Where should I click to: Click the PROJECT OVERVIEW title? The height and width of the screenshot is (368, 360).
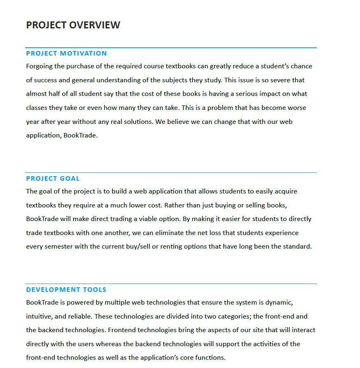click(73, 25)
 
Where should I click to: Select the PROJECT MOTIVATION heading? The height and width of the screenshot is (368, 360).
click(66, 54)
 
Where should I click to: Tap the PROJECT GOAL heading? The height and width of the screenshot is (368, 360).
click(53, 179)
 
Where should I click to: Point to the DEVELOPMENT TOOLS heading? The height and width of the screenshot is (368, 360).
click(66, 290)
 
